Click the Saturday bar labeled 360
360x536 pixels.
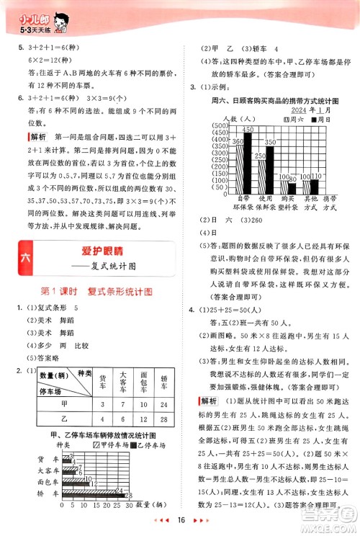[239, 163]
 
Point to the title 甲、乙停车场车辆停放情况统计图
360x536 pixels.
[99, 436]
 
